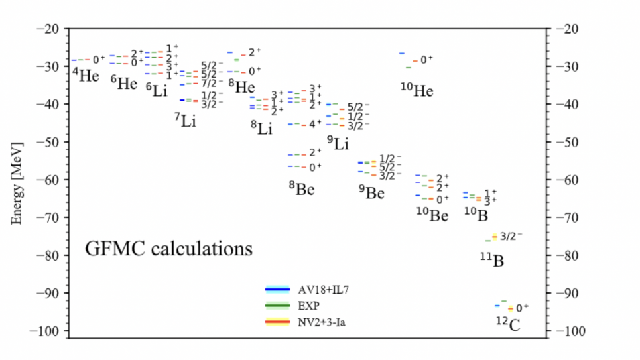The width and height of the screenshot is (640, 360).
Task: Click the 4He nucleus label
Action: point(86,75)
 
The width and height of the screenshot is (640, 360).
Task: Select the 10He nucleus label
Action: point(416,90)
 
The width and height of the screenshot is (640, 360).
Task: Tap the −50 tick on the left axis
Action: point(48,142)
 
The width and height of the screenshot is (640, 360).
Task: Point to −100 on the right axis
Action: point(570,331)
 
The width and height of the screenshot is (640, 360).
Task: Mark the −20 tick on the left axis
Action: point(48,29)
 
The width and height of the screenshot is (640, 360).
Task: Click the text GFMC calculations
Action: point(168,249)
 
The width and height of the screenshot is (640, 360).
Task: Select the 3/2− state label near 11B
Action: point(511,236)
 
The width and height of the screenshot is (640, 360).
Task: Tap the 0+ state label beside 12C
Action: point(523,308)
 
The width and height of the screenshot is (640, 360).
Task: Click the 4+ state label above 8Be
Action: point(316,124)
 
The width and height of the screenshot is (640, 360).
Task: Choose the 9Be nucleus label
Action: point(372,193)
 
